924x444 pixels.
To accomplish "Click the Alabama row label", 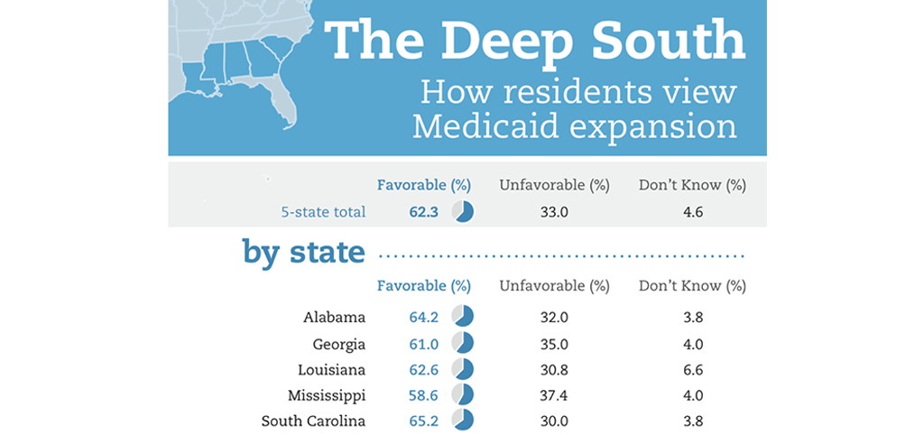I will pos(334,317).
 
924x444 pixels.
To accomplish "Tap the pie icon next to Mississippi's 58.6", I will pos(463,394).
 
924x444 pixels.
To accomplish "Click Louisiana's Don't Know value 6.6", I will pos(691,369).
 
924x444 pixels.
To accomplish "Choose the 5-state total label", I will pos(322,212).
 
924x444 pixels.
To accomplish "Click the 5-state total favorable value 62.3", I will pos(423,212).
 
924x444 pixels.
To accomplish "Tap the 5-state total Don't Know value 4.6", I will pos(691,212).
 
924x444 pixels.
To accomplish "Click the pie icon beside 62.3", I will pos(463,212).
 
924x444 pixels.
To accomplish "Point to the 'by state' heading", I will pos(303,252).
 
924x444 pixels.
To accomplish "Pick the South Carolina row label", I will pos(313,421).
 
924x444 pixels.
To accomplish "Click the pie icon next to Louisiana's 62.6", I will pos(463,369).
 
